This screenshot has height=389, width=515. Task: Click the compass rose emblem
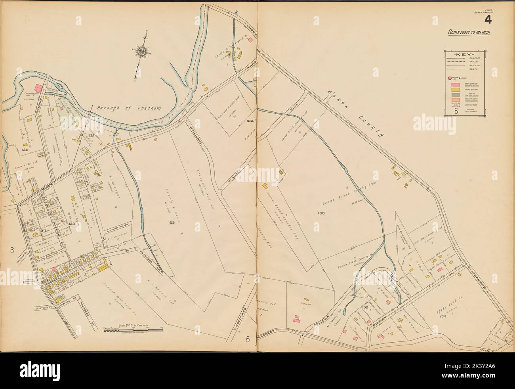point(141,51)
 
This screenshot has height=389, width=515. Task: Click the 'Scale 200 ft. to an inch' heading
point(469,33)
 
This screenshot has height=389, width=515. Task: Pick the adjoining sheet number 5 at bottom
point(248,339)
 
